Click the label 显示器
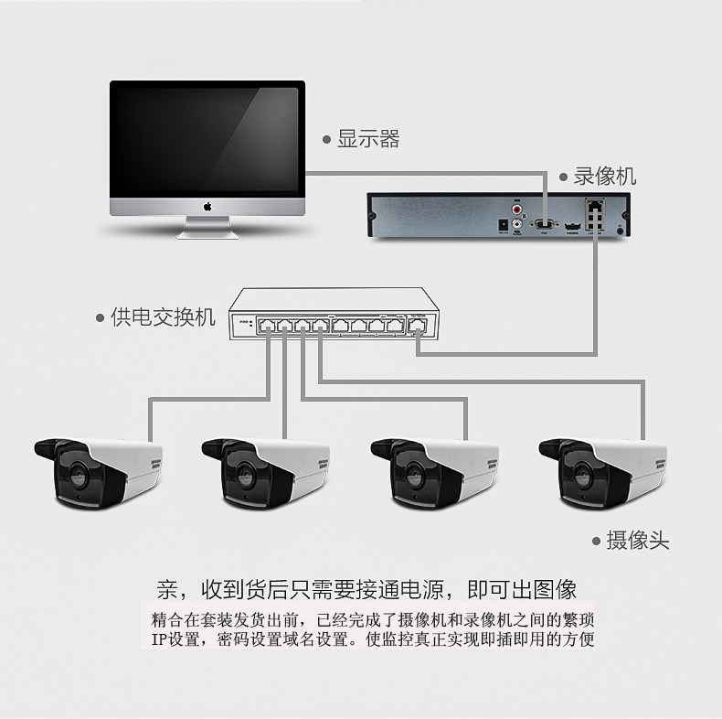click(368, 139)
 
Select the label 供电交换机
click(162, 317)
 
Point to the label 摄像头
click(637, 541)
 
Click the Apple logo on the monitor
click(207, 207)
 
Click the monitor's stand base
click(207, 232)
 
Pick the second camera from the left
click(265, 471)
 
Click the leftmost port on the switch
click(266, 326)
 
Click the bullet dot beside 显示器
click(326, 140)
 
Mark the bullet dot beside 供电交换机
click(101, 318)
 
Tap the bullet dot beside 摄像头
click(596, 542)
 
